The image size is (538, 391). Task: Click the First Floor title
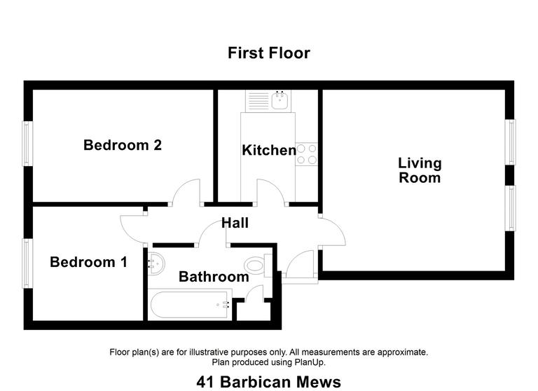268,53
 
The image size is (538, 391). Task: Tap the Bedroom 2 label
123,145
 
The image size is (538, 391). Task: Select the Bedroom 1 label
88,262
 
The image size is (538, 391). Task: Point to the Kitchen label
269,150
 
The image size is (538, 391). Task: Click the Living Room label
420,170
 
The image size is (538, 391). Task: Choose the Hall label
235,223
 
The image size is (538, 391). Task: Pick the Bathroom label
214,277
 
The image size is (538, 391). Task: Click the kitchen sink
281,101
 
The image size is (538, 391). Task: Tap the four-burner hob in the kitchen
307,154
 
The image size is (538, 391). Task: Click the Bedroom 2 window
27,144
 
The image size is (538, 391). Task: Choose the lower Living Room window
512,208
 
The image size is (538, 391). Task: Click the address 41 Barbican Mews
269,382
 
